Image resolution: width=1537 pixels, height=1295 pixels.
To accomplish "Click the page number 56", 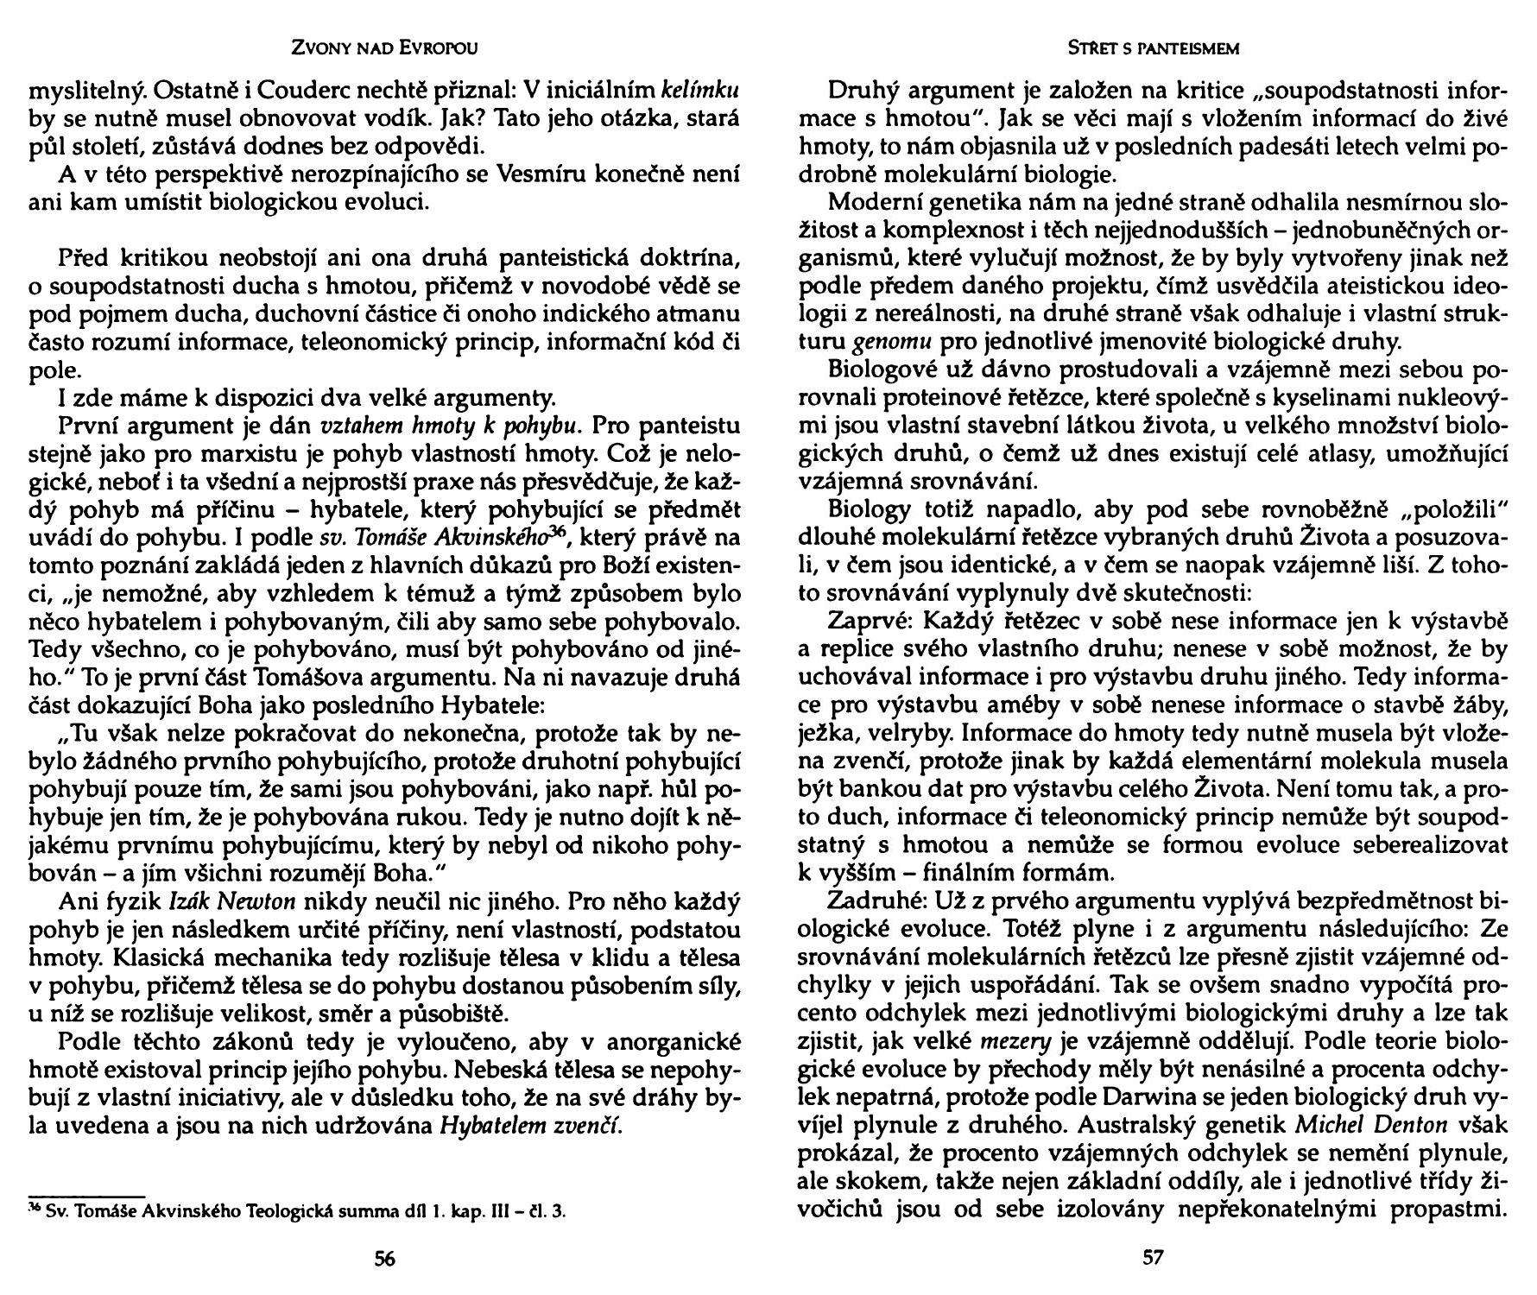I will (384, 1258).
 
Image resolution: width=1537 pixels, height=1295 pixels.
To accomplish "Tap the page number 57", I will (1153, 1258).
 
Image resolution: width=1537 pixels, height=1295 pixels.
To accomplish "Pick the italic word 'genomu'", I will (882, 342).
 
